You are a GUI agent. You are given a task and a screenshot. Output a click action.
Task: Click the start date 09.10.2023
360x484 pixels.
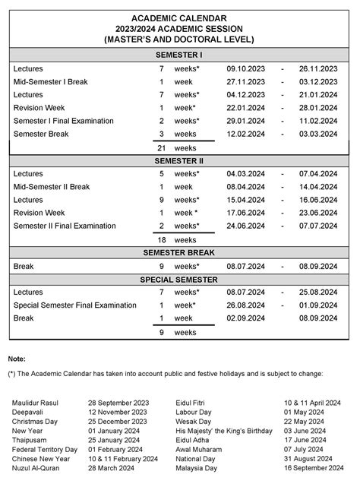tap(246, 69)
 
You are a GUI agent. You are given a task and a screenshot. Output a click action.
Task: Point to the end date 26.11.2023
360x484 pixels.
tap(318, 69)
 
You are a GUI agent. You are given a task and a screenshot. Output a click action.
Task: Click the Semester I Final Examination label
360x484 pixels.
tap(63, 121)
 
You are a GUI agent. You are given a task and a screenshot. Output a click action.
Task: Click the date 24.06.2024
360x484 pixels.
tap(246, 226)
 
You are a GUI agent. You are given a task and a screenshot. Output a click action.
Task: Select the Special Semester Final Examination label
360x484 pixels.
tap(74, 305)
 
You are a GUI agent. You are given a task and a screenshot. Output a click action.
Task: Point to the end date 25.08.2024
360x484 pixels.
tap(318, 293)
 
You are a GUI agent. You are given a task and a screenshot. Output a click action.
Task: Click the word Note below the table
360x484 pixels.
tap(17, 358)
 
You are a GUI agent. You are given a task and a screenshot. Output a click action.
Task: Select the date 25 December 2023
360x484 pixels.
tap(118, 421)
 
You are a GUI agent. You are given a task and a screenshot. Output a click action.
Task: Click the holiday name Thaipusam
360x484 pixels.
tap(31, 440)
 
